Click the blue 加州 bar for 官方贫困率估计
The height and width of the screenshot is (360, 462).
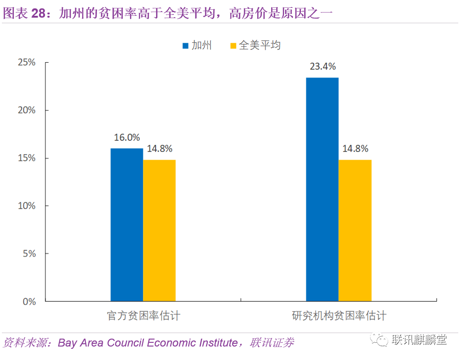point(126,225)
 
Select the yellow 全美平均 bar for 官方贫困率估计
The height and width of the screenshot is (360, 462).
point(159,230)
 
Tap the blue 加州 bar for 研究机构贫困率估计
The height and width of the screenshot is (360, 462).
point(322,190)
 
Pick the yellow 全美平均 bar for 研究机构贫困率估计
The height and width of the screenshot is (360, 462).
point(355,230)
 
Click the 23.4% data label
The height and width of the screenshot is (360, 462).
point(323,66)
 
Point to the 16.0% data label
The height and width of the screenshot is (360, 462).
point(127,137)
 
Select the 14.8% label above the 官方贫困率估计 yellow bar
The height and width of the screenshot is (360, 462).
point(160,149)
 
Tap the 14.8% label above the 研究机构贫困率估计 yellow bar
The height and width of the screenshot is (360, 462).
point(356,149)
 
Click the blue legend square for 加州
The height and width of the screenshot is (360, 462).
point(185,46)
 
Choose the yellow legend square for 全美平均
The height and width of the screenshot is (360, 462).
point(233,46)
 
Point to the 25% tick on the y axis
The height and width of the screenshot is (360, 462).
point(26,62)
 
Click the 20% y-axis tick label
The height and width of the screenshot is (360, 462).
point(26,110)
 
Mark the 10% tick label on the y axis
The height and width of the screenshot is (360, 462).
point(26,206)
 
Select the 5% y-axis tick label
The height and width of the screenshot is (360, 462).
point(28,254)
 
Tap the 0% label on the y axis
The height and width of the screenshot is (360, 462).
point(28,301)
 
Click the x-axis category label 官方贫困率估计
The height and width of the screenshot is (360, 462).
point(143,316)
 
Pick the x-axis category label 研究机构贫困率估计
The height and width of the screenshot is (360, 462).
point(339,316)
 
